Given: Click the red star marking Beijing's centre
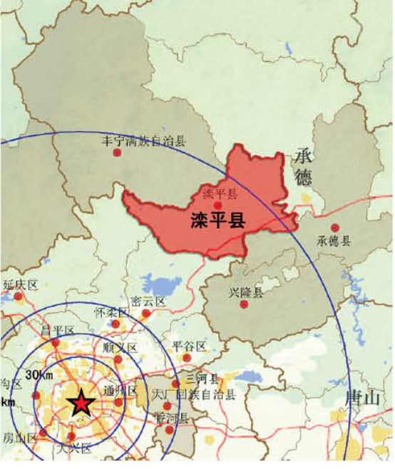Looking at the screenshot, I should [81, 403].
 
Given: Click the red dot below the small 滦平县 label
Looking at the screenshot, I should [219, 206].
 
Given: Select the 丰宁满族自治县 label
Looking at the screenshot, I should [145, 141].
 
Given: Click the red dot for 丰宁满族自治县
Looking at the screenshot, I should [118, 153].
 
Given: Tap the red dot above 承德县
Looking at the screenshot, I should [334, 228].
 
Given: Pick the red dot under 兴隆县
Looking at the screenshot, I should [244, 305].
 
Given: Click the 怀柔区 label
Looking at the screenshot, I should [111, 313].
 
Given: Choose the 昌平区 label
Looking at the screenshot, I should [58, 331].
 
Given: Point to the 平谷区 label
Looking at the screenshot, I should [189, 346].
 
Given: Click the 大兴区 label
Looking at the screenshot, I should [75, 448].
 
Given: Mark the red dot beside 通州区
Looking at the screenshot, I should [118, 402].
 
